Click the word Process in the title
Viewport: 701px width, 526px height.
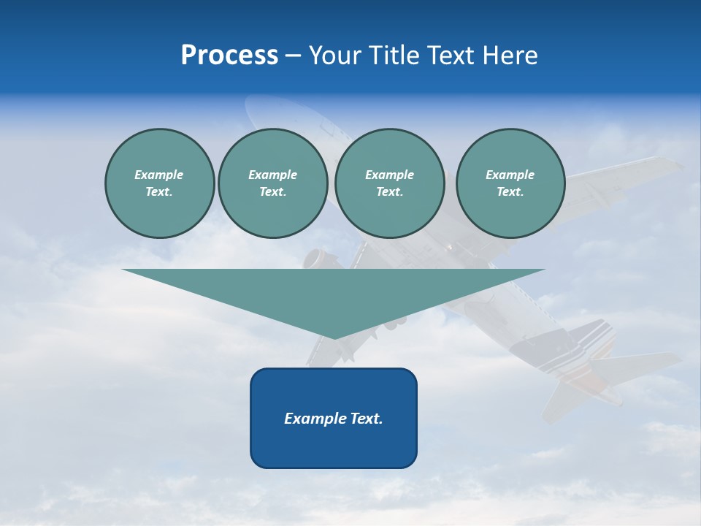tap(229, 56)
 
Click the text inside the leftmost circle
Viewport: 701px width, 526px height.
tap(159, 183)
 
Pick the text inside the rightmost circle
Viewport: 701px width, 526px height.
tap(510, 183)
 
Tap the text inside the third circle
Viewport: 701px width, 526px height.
tap(389, 183)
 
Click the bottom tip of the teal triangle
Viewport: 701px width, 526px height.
tap(334, 337)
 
